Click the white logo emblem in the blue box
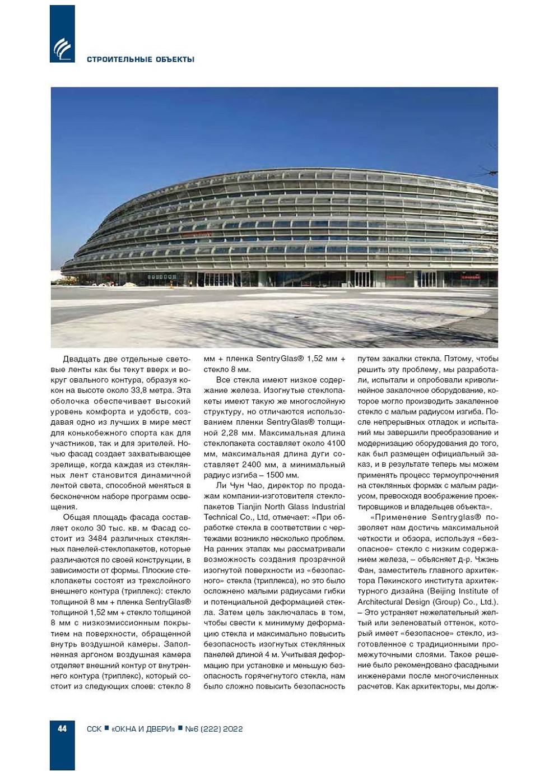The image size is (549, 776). (x=62, y=49)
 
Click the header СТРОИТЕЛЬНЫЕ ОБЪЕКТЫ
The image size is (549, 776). (x=141, y=59)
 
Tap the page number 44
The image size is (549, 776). (x=62, y=728)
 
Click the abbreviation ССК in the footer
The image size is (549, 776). (x=94, y=729)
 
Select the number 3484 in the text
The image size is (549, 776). (x=98, y=538)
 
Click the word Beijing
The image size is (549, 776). (x=430, y=591)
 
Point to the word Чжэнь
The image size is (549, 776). (x=485, y=559)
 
